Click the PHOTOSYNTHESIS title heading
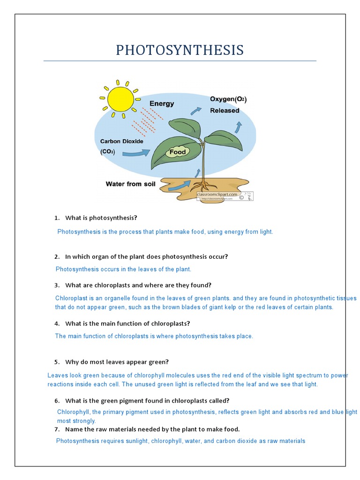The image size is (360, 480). click(x=180, y=51)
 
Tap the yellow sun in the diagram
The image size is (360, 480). click(x=120, y=98)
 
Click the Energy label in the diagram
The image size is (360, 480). click(x=162, y=104)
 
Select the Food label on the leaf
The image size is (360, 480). click(x=178, y=152)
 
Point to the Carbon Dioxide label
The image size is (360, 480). click(x=122, y=141)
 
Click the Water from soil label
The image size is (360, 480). click(x=130, y=184)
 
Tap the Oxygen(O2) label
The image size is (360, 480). click(x=228, y=99)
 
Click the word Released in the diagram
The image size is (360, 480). click(x=225, y=111)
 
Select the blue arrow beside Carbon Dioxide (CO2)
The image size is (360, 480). click(x=137, y=152)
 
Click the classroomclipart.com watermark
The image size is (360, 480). click(x=219, y=194)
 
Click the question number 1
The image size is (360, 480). click(x=57, y=218)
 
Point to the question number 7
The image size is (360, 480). click(x=57, y=429)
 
